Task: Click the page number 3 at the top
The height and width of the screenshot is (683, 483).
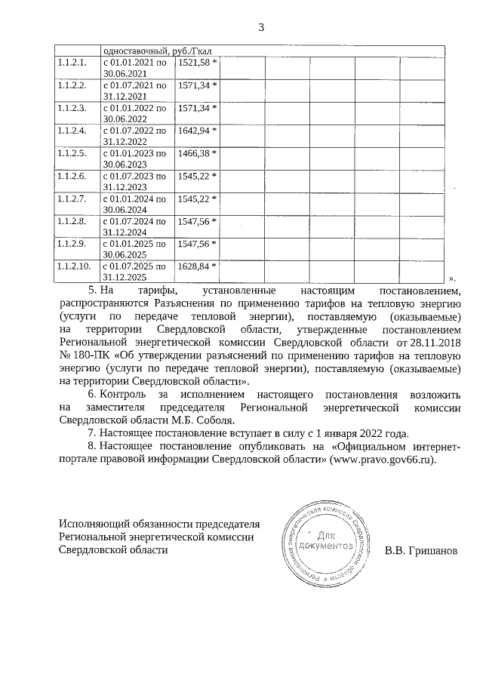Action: tap(260, 28)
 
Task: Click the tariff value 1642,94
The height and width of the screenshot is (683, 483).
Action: tap(195, 131)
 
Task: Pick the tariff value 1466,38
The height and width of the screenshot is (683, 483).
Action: tap(195, 153)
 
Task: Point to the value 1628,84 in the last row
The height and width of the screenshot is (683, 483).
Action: tap(195, 266)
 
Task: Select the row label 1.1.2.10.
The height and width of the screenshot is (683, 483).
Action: tap(74, 266)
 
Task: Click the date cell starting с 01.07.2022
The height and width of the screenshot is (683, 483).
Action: tap(134, 135)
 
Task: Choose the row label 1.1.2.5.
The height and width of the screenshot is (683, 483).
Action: tap(72, 153)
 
